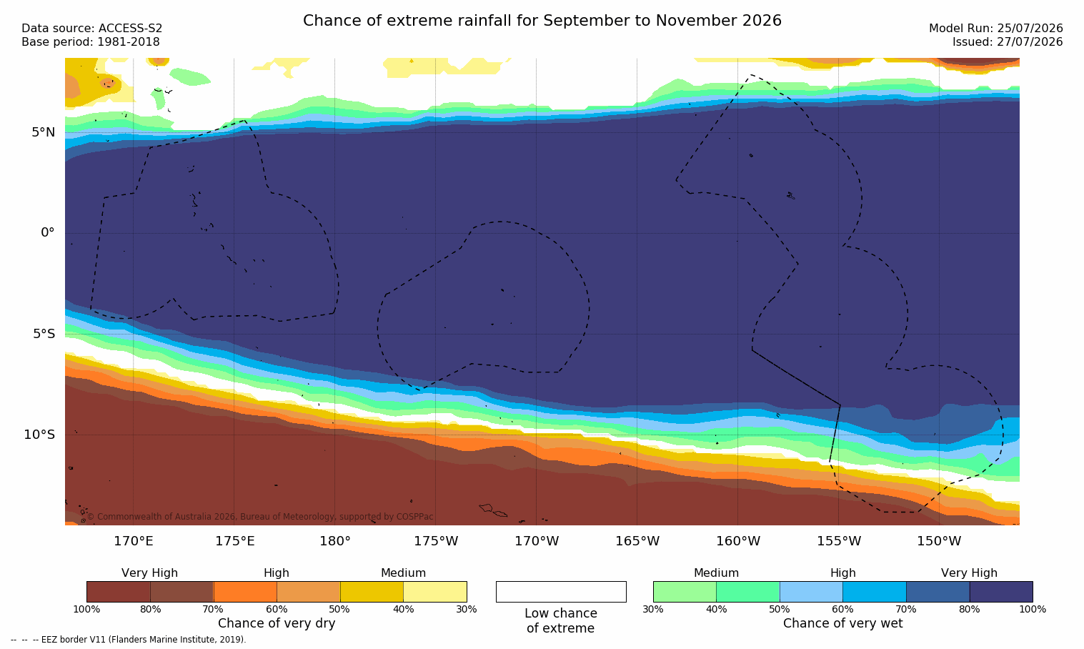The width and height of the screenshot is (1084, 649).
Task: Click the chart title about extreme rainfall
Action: click(x=542, y=21)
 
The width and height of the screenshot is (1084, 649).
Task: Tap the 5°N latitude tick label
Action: click(x=44, y=132)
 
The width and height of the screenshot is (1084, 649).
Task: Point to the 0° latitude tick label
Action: click(x=47, y=233)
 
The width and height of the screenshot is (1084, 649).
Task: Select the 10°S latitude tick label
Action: click(x=39, y=435)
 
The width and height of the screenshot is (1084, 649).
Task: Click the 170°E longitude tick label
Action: click(x=134, y=541)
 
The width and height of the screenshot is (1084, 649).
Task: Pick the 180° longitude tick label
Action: click(x=335, y=541)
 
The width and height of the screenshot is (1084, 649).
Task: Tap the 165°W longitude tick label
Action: click(x=637, y=541)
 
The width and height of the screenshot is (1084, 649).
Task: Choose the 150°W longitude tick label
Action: click(x=940, y=541)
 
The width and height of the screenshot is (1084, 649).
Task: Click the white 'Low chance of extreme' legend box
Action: click(x=561, y=592)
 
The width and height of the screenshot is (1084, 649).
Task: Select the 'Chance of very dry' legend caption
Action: click(x=277, y=623)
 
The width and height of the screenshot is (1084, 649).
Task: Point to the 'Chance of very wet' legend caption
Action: click(x=843, y=623)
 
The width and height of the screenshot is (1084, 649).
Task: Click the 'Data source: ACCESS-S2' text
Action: click(x=92, y=29)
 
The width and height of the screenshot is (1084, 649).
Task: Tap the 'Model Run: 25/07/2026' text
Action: click(x=996, y=29)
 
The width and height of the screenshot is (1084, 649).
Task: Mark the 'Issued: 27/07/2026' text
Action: click(x=1008, y=42)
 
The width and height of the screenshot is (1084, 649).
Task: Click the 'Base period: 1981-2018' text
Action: click(x=91, y=42)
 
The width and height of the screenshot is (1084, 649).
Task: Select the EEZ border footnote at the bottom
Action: click(x=128, y=640)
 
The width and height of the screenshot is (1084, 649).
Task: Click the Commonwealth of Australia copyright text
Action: click(x=260, y=517)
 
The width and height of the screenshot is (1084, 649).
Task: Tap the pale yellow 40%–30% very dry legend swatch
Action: click(x=435, y=592)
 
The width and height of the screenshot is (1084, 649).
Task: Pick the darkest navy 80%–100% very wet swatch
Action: click(x=1001, y=592)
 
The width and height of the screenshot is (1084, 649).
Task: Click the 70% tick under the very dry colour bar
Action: click(x=213, y=609)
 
